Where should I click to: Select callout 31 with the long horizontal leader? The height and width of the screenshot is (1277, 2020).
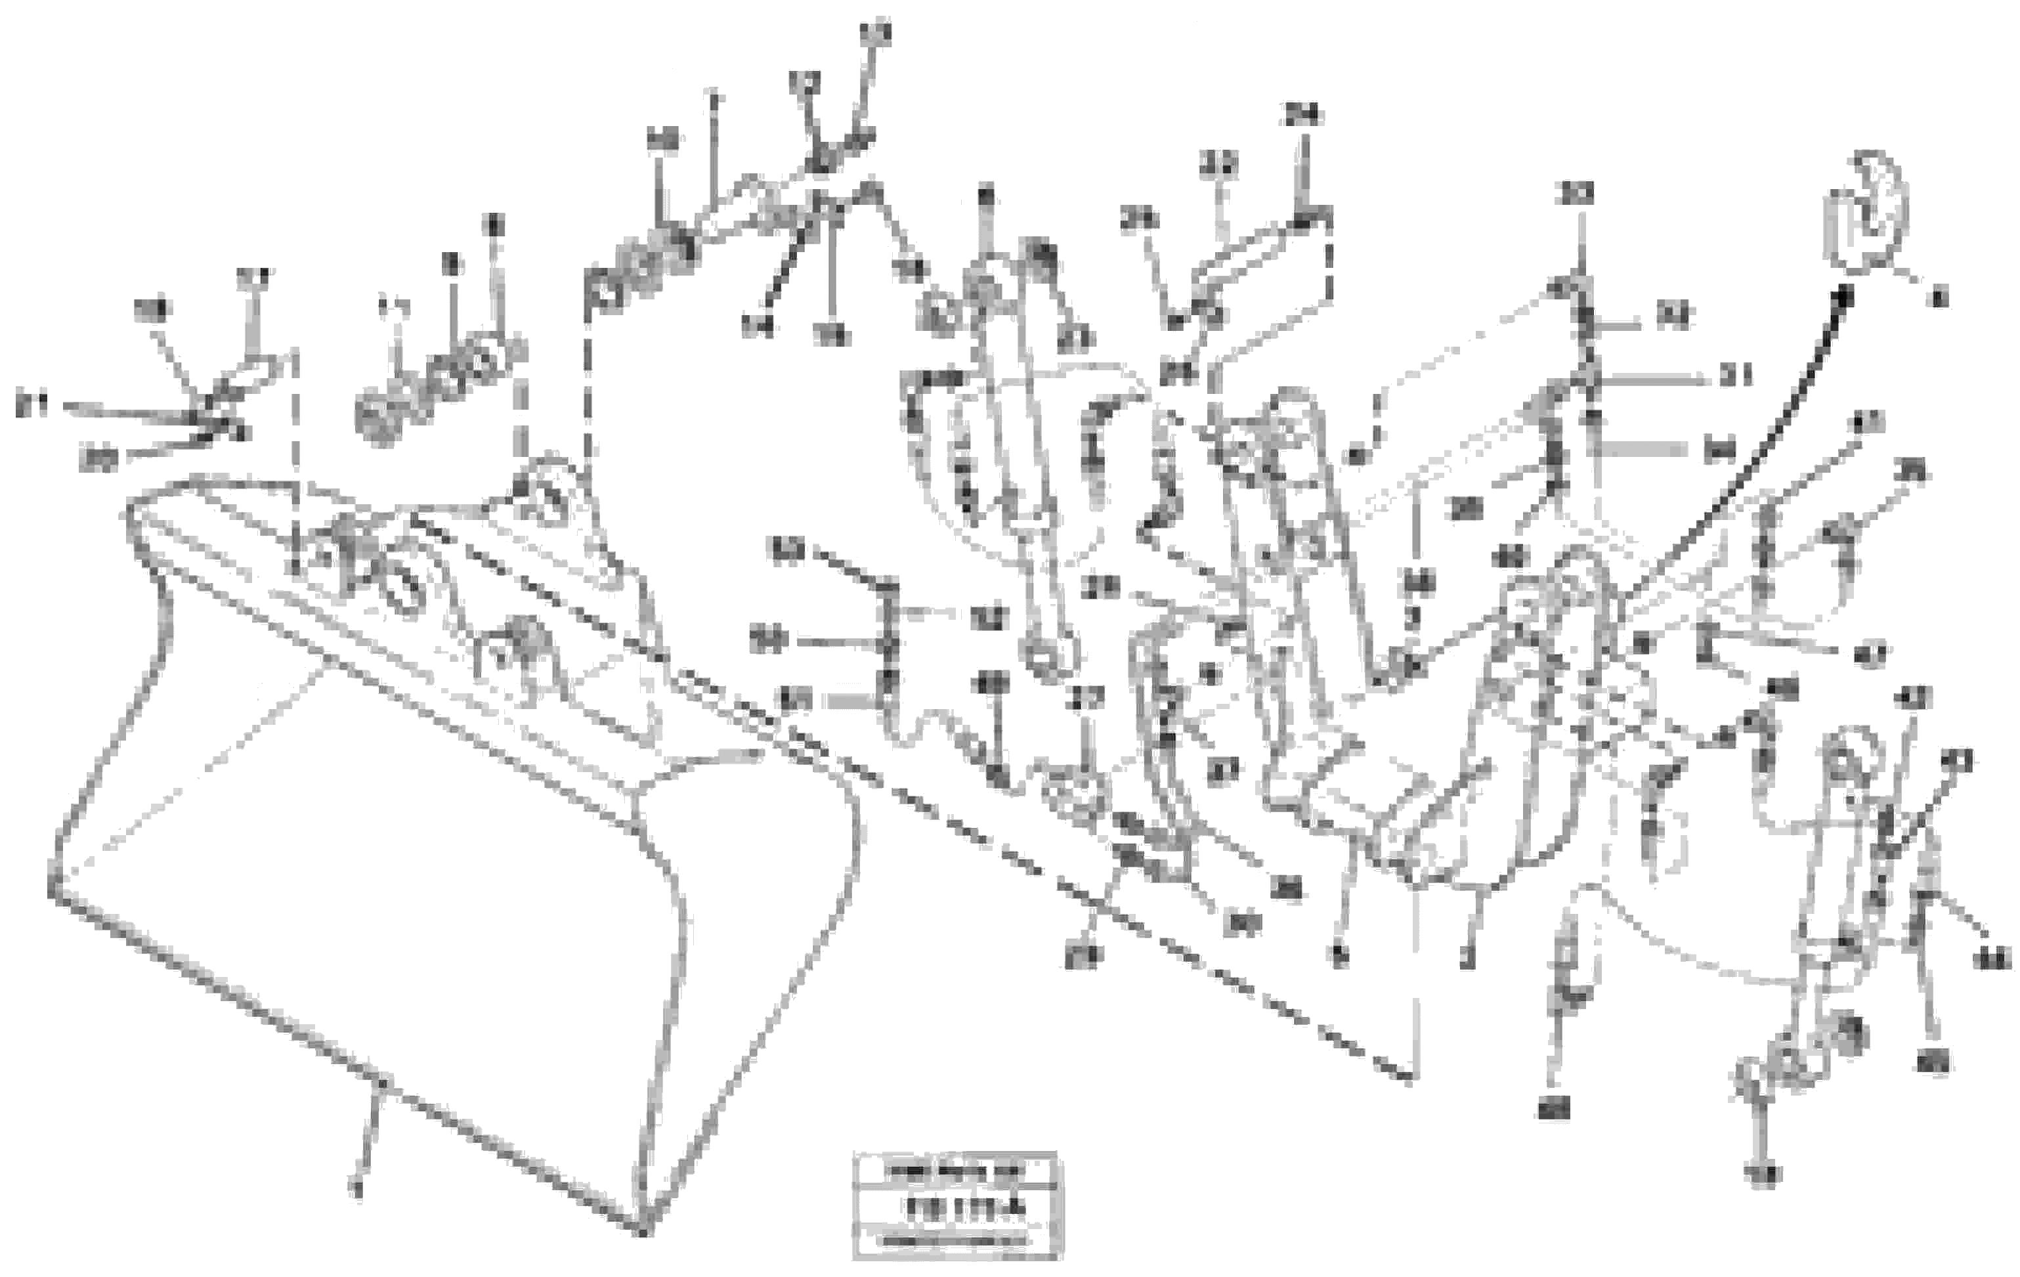pos(1736,378)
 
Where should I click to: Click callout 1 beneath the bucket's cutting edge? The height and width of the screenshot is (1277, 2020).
pos(356,1188)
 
